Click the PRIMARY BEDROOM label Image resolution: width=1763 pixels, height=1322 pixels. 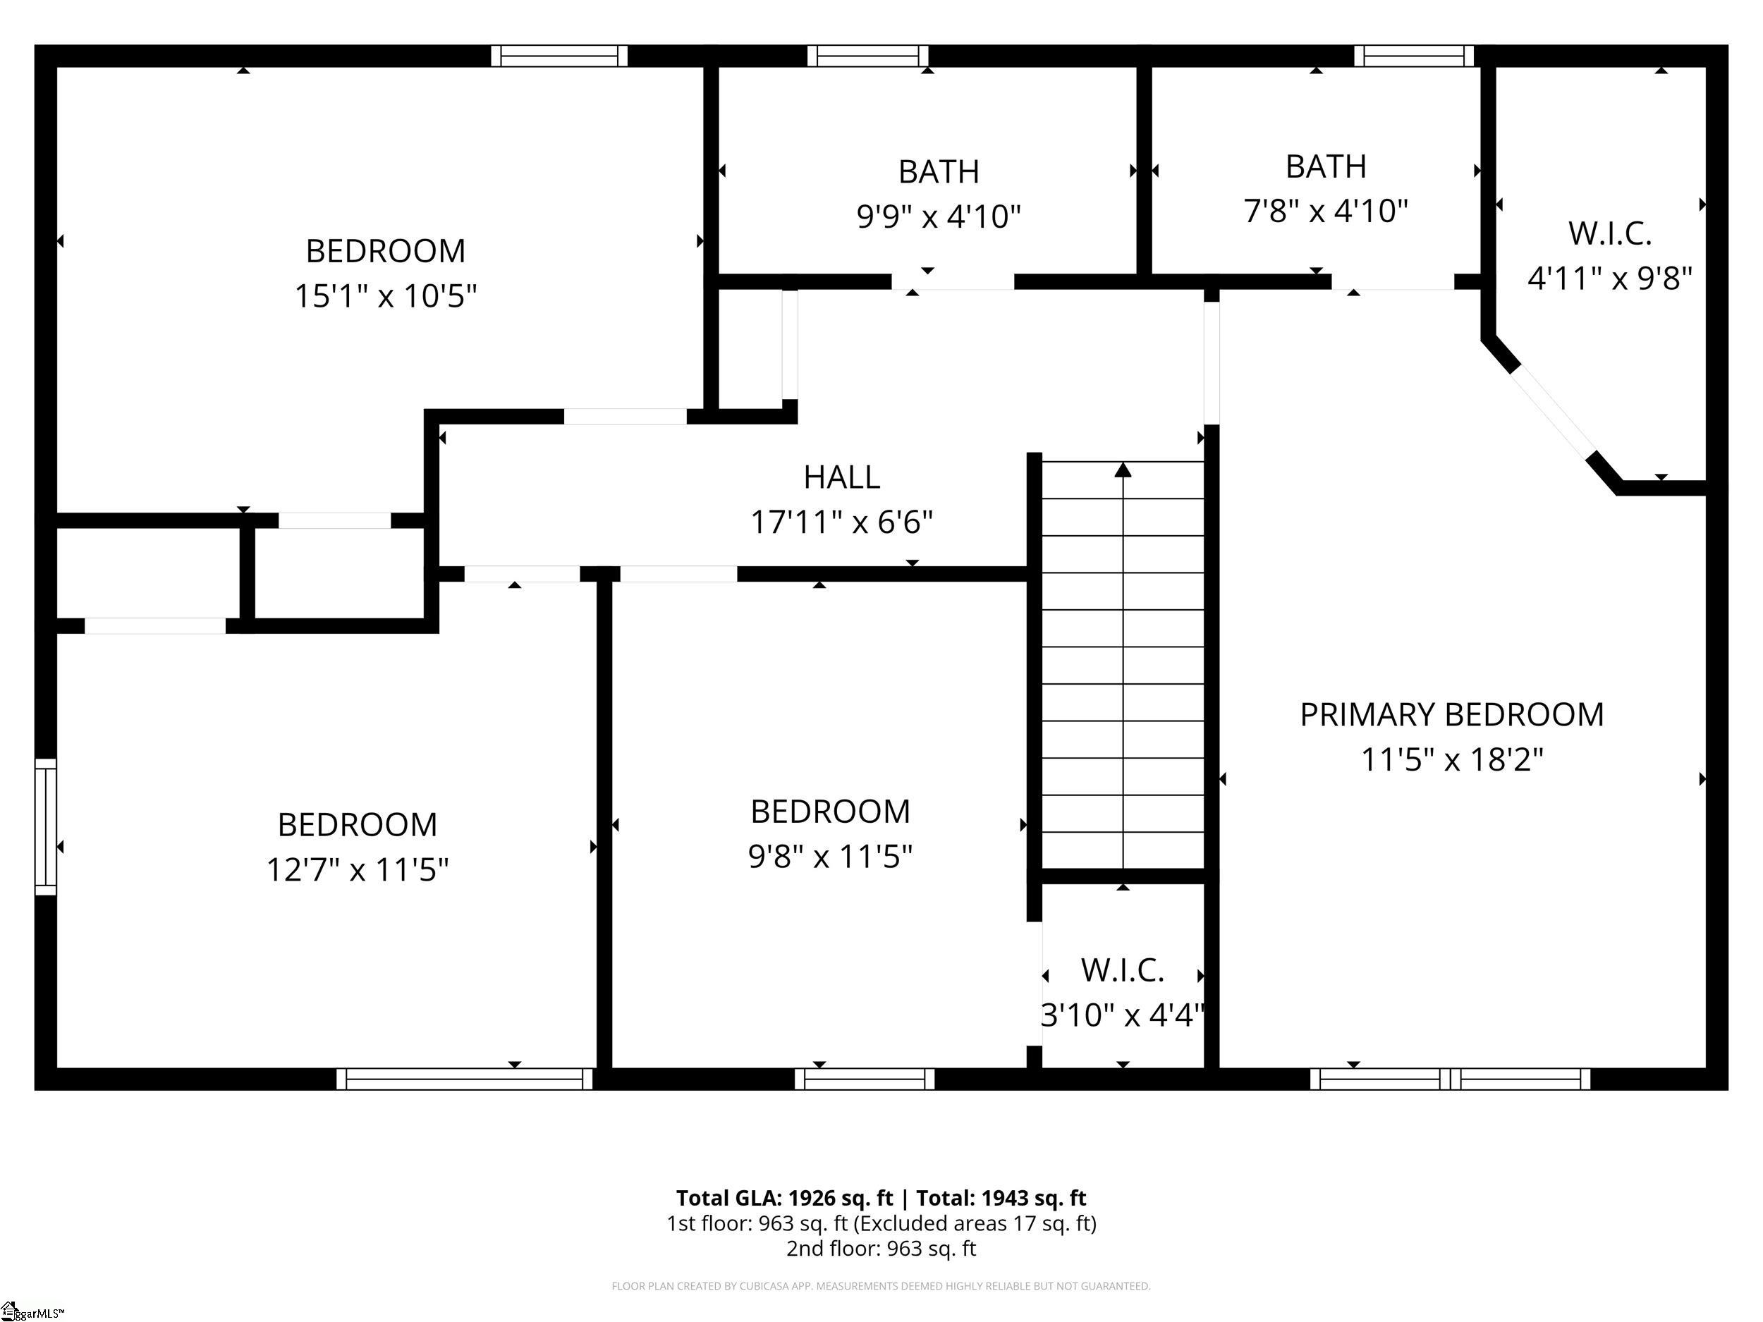[1451, 715]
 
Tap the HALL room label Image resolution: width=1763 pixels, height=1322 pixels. [841, 477]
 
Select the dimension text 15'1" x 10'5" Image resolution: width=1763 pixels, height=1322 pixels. [386, 296]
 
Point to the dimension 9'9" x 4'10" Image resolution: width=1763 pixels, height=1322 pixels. [939, 216]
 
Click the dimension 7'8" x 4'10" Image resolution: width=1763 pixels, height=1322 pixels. [1326, 212]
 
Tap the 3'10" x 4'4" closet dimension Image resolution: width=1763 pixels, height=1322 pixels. [1122, 1015]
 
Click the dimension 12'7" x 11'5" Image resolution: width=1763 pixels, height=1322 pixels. [357, 869]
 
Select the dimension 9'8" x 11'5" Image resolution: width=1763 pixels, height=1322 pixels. [830, 857]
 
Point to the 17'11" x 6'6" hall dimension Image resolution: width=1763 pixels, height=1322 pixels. [841, 522]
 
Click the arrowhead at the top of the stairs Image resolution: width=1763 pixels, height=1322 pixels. [1123, 470]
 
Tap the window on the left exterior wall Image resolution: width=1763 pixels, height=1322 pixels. [45, 826]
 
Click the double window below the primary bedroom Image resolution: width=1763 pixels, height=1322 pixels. [1450, 1079]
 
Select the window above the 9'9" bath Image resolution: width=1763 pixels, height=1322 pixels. [868, 56]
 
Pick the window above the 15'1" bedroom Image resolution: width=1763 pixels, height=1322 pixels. [559, 56]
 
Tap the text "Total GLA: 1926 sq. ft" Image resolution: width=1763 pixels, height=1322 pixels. [784, 1198]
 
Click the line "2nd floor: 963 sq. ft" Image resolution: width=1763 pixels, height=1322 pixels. [881, 1248]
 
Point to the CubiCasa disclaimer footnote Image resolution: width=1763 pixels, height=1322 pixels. [881, 1286]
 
